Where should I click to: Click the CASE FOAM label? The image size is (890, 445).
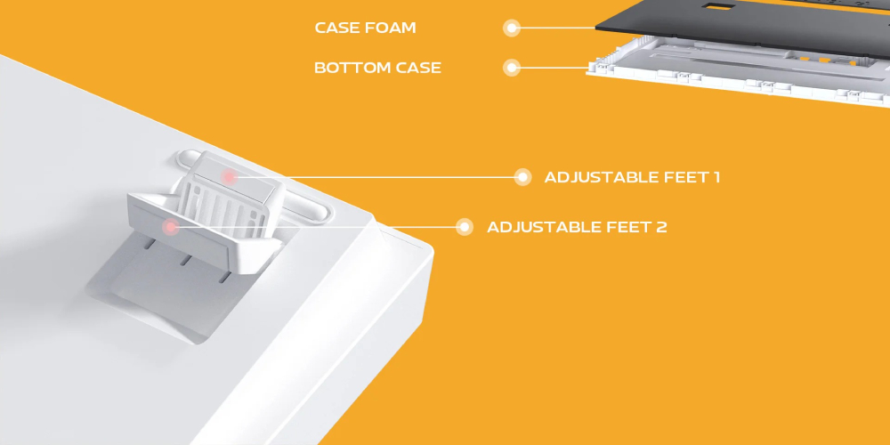365,28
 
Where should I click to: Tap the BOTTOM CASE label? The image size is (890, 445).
377,68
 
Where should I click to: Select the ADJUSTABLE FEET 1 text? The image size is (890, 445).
632,177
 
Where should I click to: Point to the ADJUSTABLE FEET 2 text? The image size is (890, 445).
577,227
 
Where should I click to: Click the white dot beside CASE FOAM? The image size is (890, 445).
512,28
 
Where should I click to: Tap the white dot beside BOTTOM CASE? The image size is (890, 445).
512,69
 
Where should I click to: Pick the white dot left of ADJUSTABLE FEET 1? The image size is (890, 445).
522,177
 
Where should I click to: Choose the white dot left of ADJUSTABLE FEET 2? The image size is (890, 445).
465,227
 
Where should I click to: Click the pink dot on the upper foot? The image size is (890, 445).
230,177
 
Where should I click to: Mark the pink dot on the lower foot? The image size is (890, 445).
170,227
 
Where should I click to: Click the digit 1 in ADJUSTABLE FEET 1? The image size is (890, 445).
716,177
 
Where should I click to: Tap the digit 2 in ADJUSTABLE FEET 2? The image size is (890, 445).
661,227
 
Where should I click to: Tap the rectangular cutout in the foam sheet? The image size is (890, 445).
717,6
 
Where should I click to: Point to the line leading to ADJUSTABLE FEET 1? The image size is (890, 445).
376,177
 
